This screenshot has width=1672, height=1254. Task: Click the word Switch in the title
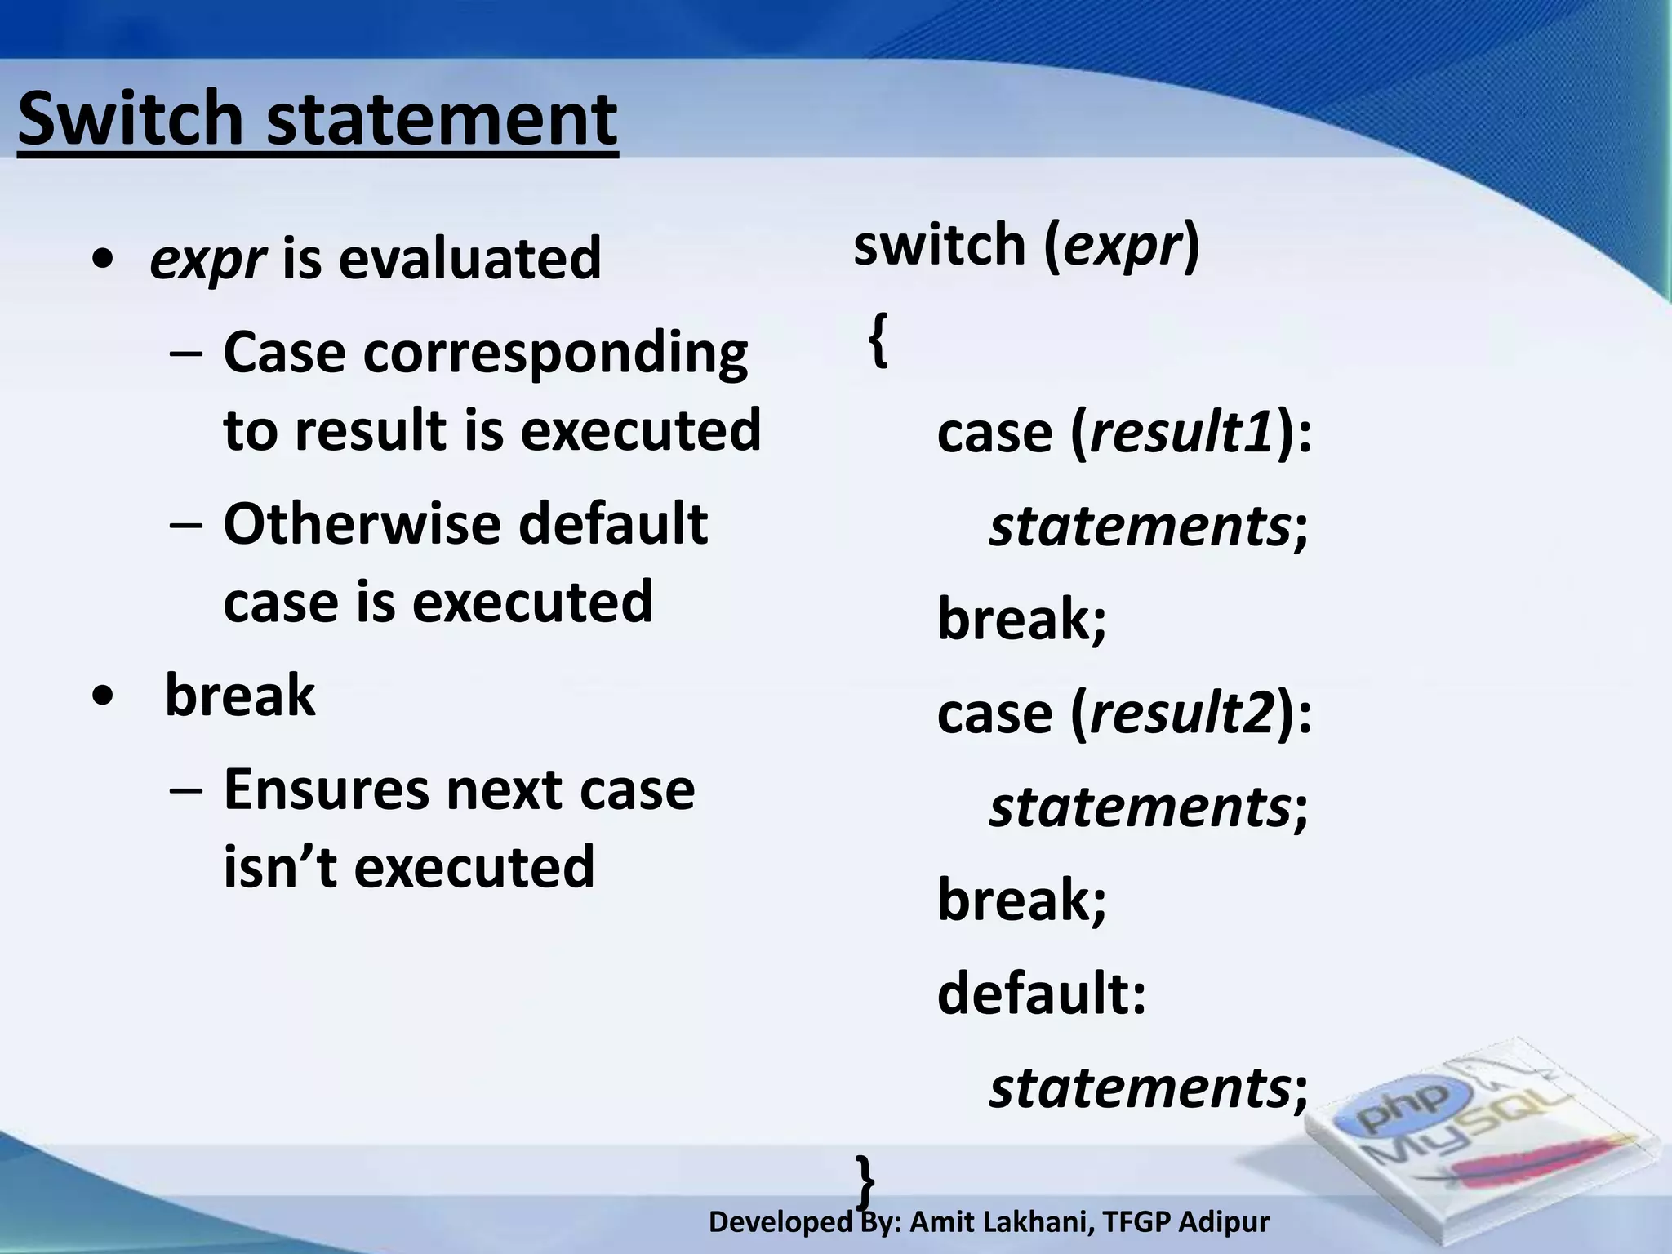(x=131, y=118)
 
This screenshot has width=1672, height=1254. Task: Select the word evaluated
(x=469, y=258)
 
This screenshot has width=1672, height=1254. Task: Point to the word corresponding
(x=555, y=354)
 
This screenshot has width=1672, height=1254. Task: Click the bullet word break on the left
(x=239, y=696)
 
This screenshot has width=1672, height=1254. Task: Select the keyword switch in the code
(x=939, y=244)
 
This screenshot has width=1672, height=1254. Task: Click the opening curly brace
(x=878, y=341)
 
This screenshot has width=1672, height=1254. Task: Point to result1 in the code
(x=1181, y=432)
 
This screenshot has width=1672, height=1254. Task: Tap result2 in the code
(x=1181, y=713)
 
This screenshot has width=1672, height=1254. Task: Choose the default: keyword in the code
(x=1042, y=994)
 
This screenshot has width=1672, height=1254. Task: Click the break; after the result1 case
(x=1021, y=619)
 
